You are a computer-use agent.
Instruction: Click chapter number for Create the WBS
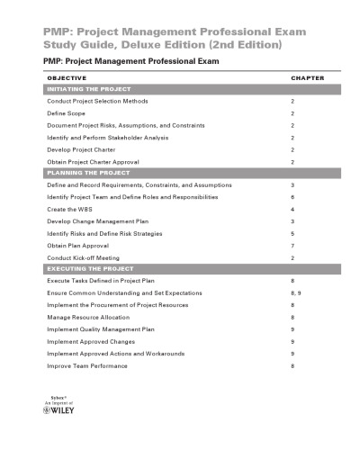pos(292,208)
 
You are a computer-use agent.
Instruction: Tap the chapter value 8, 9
pos(296,293)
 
